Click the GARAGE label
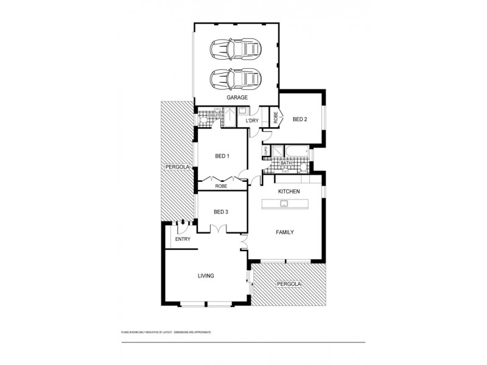click(236, 97)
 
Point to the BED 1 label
click(222, 156)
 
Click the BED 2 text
click(300, 119)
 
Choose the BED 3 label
click(221, 212)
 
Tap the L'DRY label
click(252, 121)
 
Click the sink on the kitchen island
click(284, 204)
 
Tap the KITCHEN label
click(289, 192)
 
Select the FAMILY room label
click(285, 232)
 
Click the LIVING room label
click(206, 276)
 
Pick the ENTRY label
click(183, 239)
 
